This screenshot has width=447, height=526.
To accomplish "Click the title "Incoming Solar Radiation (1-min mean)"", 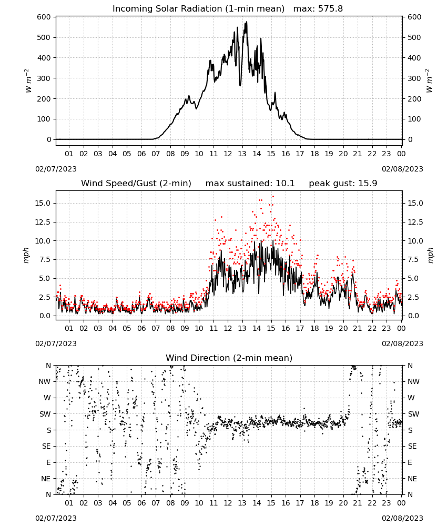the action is pyautogui.click(x=198, y=9).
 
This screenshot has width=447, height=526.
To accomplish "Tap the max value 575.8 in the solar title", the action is pyautogui.click(x=330, y=8).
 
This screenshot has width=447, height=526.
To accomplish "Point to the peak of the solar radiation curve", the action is pyautogui.click(x=247, y=22).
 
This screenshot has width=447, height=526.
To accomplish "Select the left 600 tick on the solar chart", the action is pyautogui.click(x=44, y=17).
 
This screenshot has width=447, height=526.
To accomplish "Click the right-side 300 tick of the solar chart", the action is pyautogui.click(x=414, y=78).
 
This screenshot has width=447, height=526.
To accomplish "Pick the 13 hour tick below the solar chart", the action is pyautogui.click(x=242, y=154).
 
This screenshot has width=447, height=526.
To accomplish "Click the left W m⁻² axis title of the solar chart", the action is pyautogui.click(x=28, y=81).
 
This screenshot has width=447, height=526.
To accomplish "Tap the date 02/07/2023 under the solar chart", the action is pyautogui.click(x=56, y=169).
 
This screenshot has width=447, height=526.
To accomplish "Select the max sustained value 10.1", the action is pyautogui.click(x=285, y=183).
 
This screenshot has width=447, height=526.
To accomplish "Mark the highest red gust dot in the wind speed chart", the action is pyautogui.click(x=273, y=197).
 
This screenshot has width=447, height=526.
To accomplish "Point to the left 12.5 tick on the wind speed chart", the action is pyautogui.click(x=42, y=222).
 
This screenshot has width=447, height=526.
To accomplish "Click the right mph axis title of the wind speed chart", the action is pyautogui.click(x=430, y=255).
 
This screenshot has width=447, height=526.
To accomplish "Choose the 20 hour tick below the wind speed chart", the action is pyautogui.click(x=343, y=328).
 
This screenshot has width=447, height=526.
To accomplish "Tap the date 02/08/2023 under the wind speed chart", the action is pyautogui.click(x=402, y=343).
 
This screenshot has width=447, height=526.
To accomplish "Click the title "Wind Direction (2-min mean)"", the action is pyautogui.click(x=229, y=358).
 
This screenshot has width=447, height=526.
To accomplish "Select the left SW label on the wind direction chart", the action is pyautogui.click(x=45, y=414).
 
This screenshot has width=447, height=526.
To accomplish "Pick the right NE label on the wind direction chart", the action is pyautogui.click(x=412, y=479).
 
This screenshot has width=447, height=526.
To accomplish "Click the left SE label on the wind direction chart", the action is pyautogui.click(x=47, y=446).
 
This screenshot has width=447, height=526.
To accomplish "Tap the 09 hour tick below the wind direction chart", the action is pyautogui.click(x=185, y=503).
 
